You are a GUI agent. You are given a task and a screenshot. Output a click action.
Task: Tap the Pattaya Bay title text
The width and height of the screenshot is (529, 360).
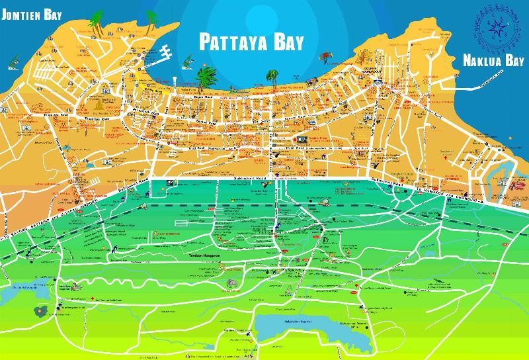(x=251, y=42)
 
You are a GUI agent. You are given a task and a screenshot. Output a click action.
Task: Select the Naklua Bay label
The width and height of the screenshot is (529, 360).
(x=492, y=62)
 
